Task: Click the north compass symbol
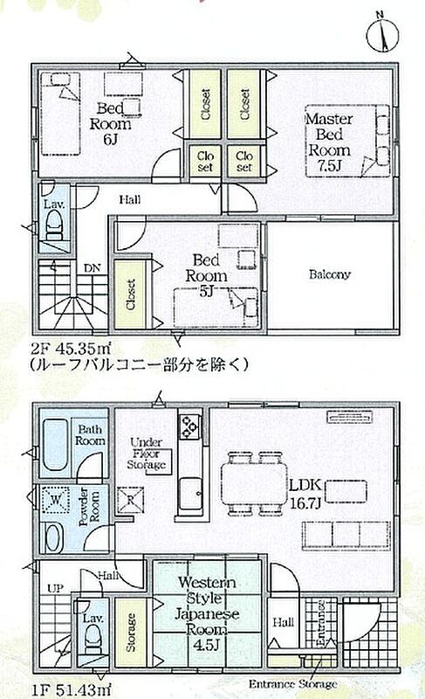point(382,33)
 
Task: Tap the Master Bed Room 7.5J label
point(329,142)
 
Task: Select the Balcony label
point(330,274)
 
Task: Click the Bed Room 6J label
point(110,123)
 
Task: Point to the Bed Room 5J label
point(206,275)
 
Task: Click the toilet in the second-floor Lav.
point(55,226)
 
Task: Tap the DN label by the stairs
point(93,268)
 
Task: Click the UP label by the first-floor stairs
point(56,588)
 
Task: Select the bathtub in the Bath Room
point(56,445)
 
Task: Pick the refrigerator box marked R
point(130,500)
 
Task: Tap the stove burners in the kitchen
point(190,427)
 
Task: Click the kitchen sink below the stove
point(191,494)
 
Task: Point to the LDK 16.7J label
point(305,495)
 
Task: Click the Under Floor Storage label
point(147,453)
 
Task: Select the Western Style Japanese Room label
point(207,613)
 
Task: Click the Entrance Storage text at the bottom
point(292,683)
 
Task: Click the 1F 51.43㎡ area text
point(72,690)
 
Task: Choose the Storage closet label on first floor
point(131,632)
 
